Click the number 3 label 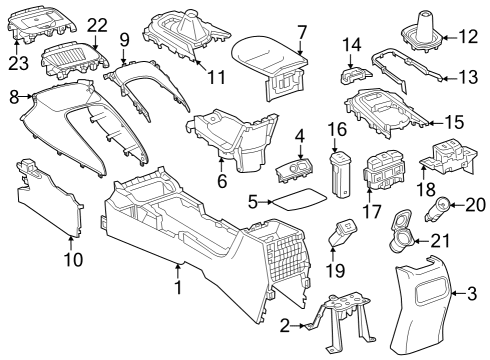click(x=470, y=293)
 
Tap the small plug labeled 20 click(x=438, y=209)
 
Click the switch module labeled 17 click(x=382, y=170)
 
